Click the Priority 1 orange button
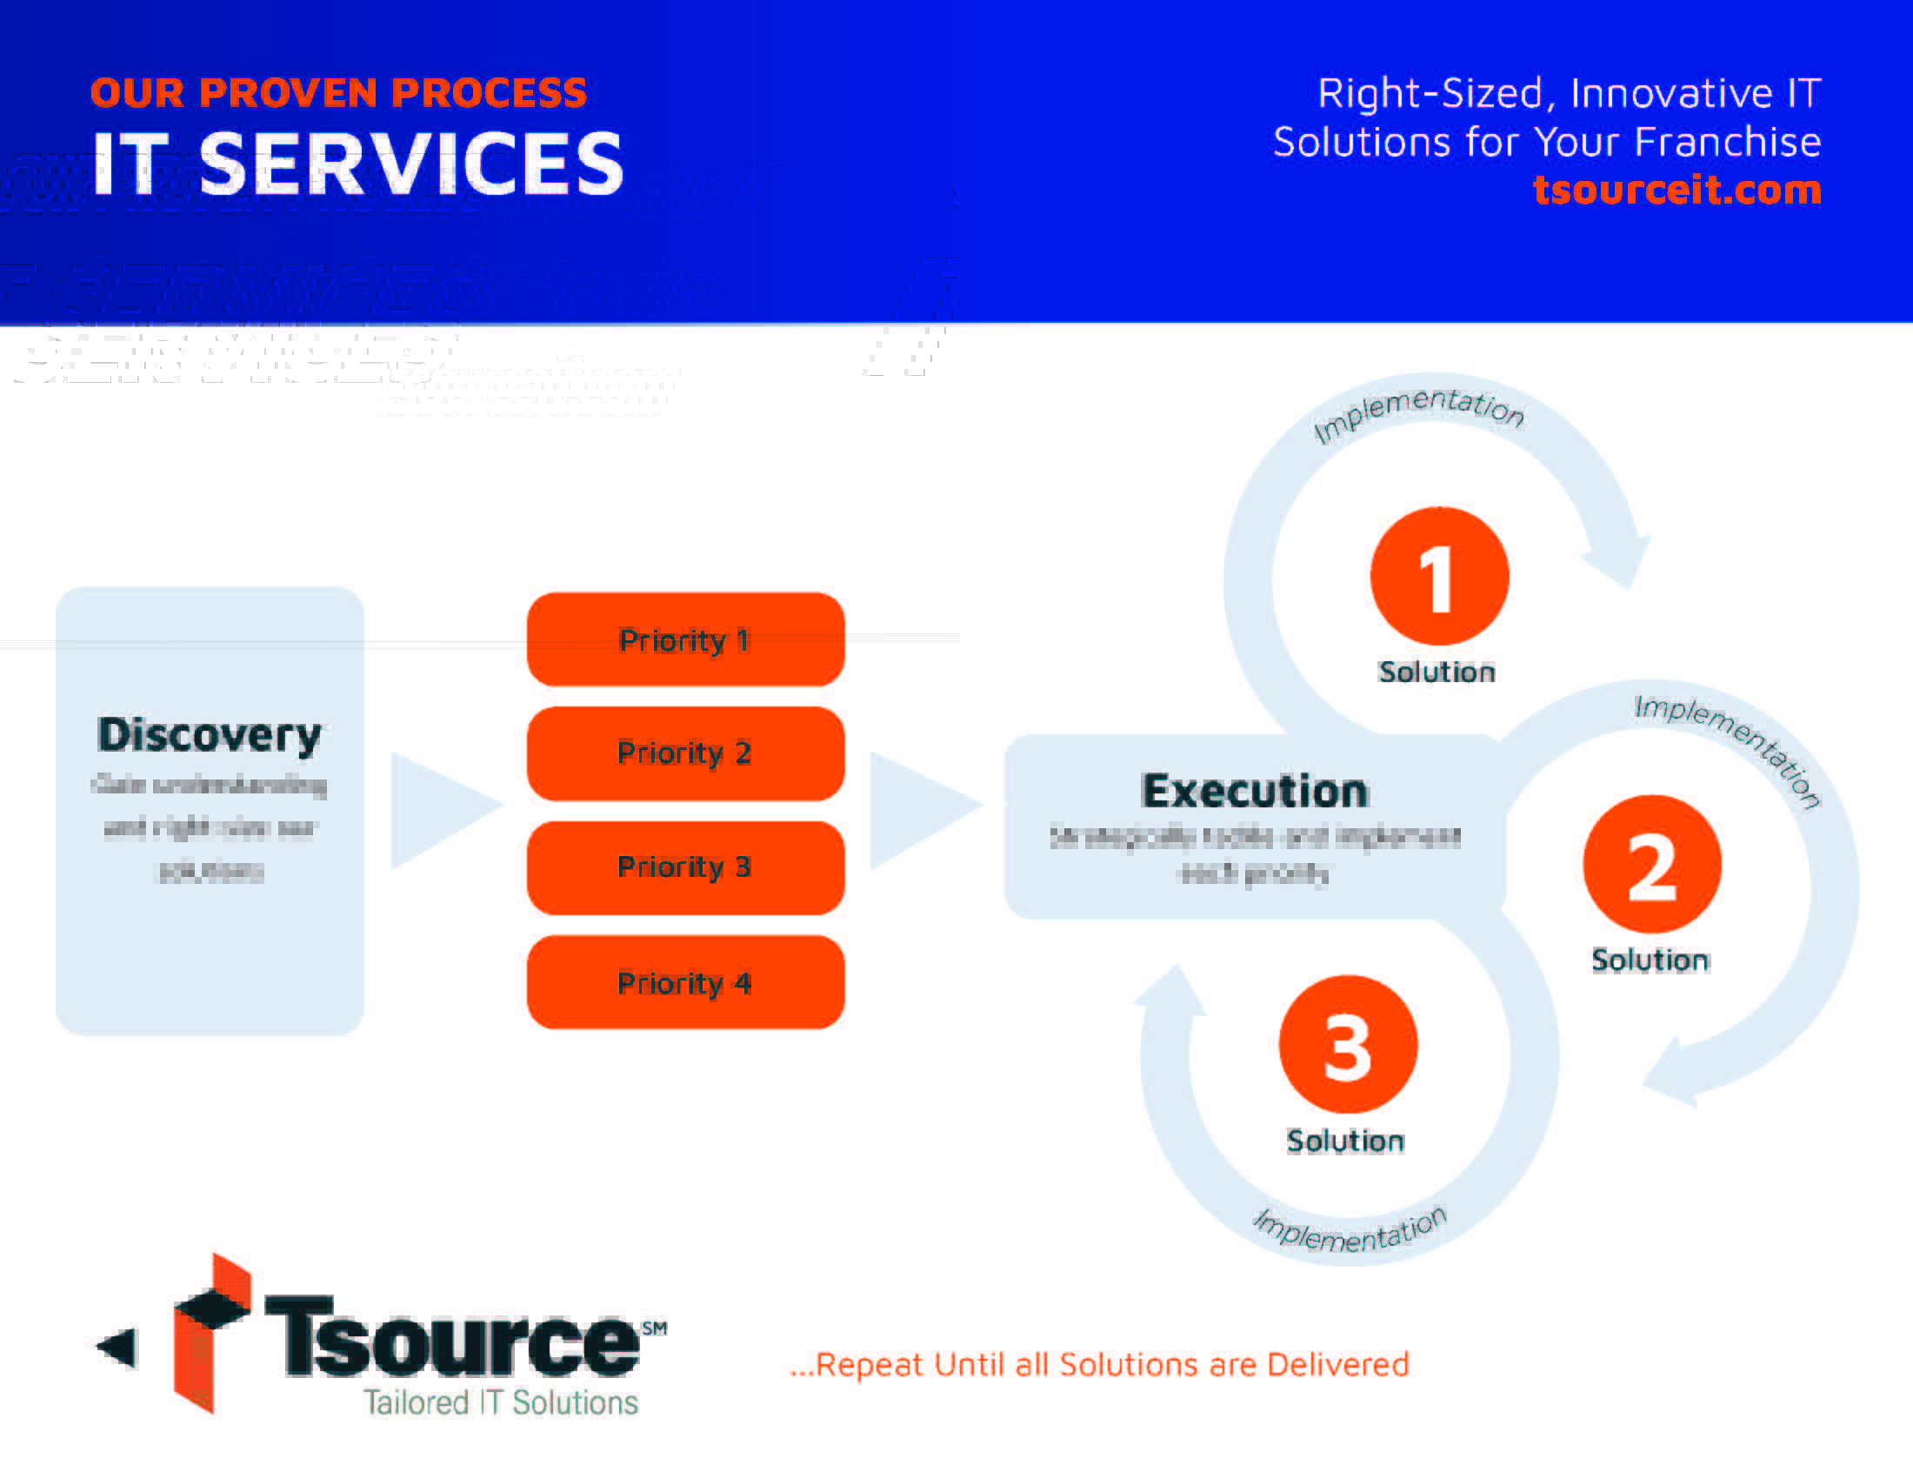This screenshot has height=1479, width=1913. [x=685, y=639]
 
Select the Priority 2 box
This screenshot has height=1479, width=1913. [x=685, y=753]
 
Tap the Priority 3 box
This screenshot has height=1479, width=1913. [x=685, y=867]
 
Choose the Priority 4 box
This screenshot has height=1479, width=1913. [x=685, y=982]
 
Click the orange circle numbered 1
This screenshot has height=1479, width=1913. [x=1439, y=577]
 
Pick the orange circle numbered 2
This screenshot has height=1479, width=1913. [x=1652, y=865]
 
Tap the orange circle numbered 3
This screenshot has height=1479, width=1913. [x=1348, y=1044]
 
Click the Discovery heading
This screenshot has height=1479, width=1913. [x=210, y=734]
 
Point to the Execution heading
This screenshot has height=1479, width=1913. [x=1254, y=791]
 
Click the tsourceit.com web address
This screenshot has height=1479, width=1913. [x=1676, y=190]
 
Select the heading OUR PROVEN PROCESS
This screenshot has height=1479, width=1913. [x=338, y=93]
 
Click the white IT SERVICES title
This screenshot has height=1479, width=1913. [x=357, y=164]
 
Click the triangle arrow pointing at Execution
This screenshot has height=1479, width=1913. [x=920, y=809]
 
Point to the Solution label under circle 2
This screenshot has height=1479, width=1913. [x=1650, y=960]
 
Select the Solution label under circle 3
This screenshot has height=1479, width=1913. [x=1345, y=1141]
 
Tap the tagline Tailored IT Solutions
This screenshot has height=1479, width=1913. [x=501, y=1402]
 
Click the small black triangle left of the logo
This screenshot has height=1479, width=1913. [x=118, y=1347]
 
